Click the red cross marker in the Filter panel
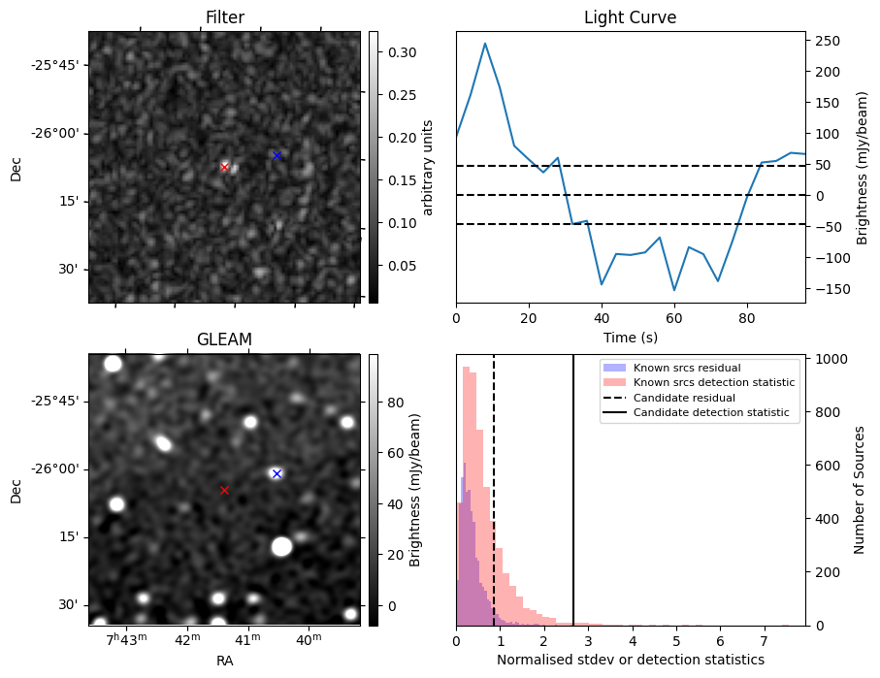(224, 167)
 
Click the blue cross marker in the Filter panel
(277, 155)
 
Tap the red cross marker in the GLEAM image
(224, 490)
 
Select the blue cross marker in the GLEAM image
(277, 473)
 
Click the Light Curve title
(630, 17)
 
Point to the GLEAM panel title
(224, 339)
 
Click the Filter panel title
(224, 17)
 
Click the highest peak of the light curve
(485, 43)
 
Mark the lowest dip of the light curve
(674, 290)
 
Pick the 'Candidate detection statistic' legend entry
(711, 413)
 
